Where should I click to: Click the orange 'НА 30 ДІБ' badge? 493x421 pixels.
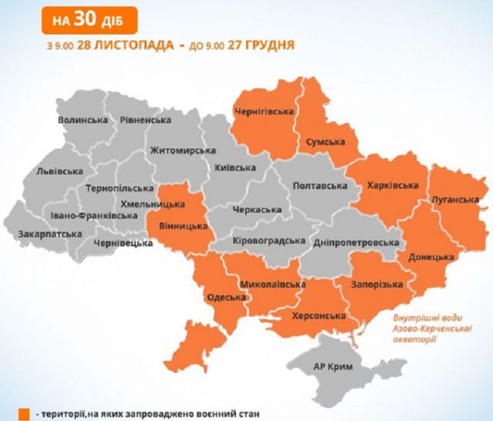click(90, 19)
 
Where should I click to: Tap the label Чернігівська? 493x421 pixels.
click(264, 111)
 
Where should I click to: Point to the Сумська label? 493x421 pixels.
click(325, 141)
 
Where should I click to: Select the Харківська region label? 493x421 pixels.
click(392, 186)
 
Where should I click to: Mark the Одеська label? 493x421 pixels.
click(226, 297)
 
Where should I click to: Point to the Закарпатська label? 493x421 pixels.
click(50, 234)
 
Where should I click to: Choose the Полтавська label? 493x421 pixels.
click(319, 186)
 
